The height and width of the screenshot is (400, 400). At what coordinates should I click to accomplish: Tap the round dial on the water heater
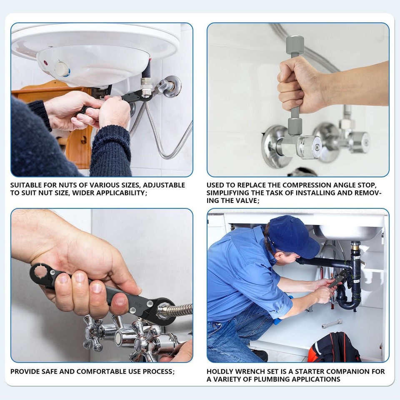(x=62, y=69)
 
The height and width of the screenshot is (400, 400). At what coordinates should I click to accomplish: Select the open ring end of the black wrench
(x=39, y=272)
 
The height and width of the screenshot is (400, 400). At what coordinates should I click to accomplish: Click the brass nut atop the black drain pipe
(x=355, y=245)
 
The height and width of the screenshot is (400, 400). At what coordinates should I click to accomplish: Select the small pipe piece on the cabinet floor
(x=332, y=323)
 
